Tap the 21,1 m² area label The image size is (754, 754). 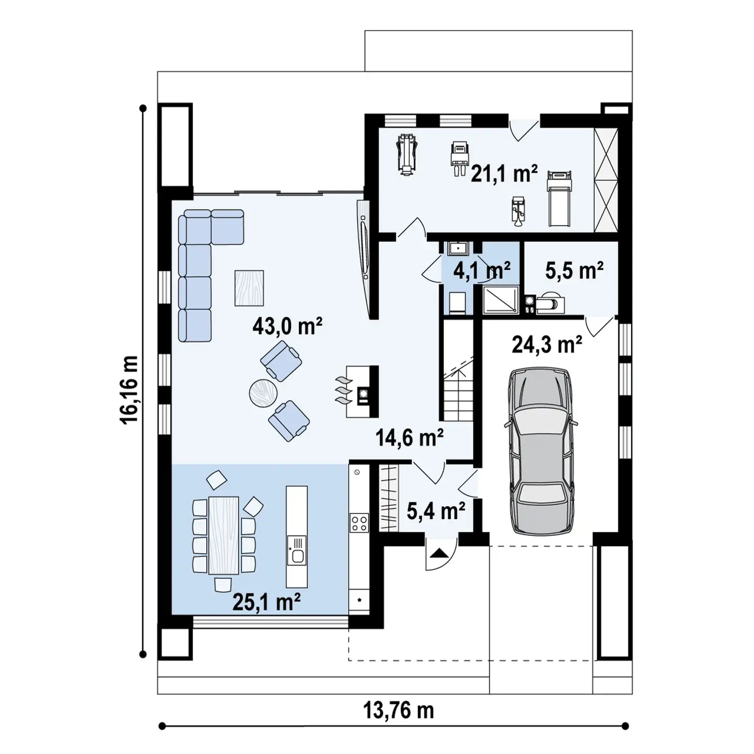coord(504,173)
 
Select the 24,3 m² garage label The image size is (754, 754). coord(547,344)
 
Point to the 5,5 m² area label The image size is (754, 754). coord(575,270)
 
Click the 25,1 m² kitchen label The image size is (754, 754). coord(267,602)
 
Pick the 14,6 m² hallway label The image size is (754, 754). coord(409,437)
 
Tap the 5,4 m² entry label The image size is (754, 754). coord(436,511)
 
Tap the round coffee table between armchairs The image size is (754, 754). coord(263,393)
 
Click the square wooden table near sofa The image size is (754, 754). coord(249,288)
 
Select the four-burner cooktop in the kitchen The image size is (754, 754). coord(359,523)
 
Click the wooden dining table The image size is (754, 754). coord(224,535)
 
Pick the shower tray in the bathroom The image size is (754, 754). coord(501,300)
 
